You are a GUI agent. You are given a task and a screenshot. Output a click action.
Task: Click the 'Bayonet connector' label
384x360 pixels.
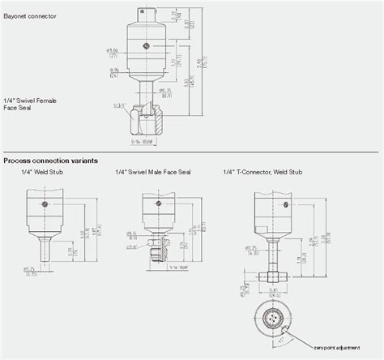point(29,15)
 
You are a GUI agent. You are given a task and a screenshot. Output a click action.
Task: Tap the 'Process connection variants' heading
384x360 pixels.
point(51,161)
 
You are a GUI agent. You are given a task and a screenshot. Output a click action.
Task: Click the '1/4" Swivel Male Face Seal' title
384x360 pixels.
point(152,171)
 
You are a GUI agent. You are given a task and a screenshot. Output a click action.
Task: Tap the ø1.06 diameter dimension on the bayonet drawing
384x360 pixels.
point(114,53)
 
